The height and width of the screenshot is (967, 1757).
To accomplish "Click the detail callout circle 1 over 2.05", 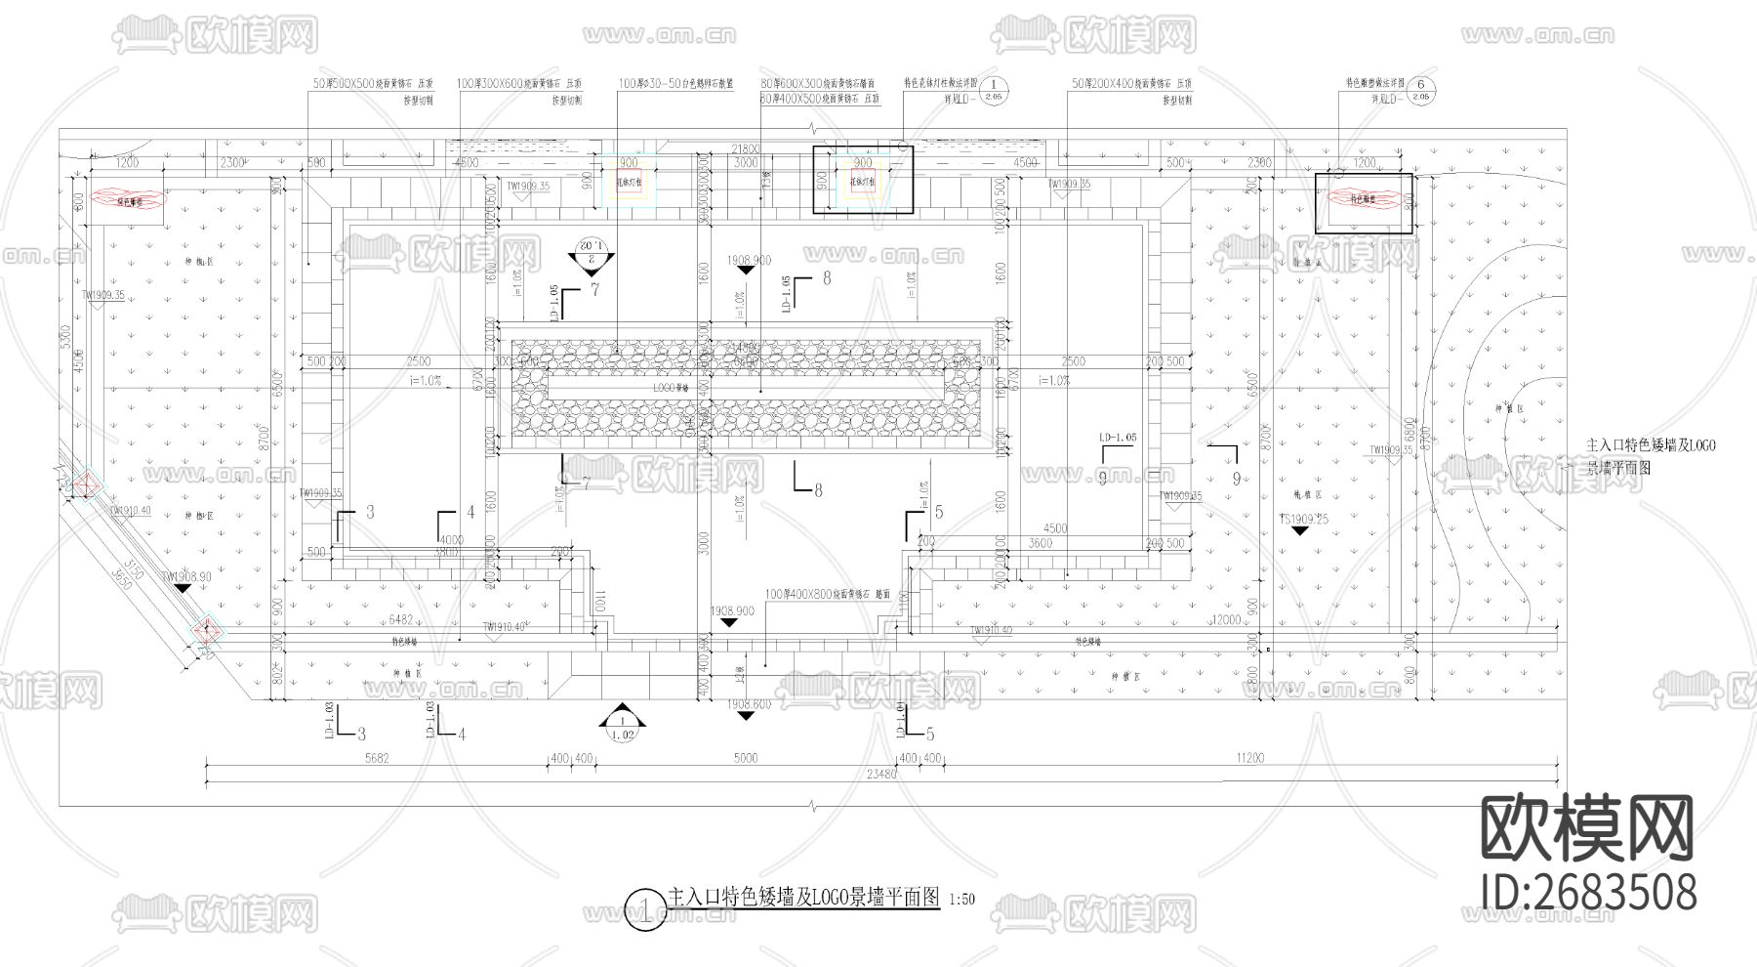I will pyautogui.click(x=993, y=92).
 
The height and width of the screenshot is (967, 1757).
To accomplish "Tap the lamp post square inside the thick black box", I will pyautogui.click(x=863, y=181).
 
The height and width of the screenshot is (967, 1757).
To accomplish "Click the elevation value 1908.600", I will pyautogui.click(x=747, y=703).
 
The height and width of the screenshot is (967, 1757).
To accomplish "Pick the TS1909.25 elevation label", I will pyautogui.click(x=1302, y=520).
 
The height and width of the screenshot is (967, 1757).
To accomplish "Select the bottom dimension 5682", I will pyautogui.click(x=376, y=758).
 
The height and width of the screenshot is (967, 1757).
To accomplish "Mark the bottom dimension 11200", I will pyautogui.click(x=1249, y=758).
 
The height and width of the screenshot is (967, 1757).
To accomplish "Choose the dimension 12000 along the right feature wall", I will pyautogui.click(x=1224, y=620).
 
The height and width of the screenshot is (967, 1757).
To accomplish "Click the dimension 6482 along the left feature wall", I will pyautogui.click(x=402, y=620).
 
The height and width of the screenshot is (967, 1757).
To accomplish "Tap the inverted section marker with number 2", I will pyautogui.click(x=592, y=250).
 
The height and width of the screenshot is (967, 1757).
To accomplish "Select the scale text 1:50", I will pyautogui.click(x=961, y=900).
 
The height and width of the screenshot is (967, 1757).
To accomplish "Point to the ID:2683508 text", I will pyautogui.click(x=1588, y=892).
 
